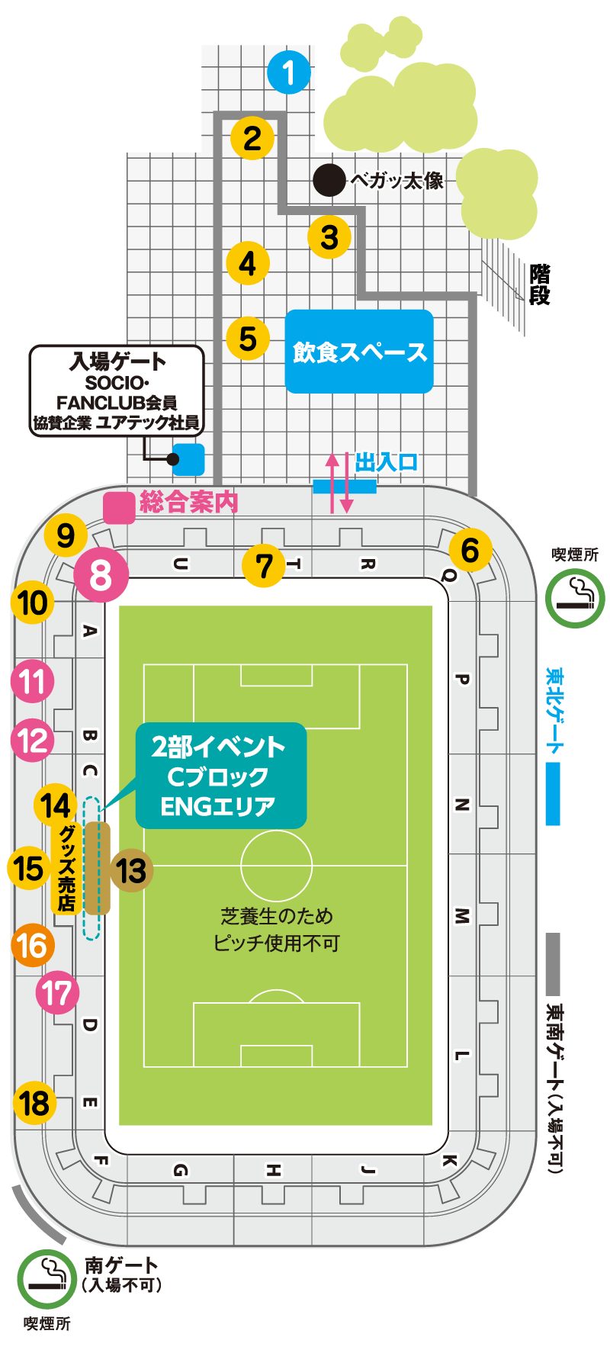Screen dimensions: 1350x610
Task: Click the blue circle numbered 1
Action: click(289, 72)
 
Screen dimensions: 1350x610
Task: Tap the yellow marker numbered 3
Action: click(329, 236)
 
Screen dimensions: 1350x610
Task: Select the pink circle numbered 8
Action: click(101, 575)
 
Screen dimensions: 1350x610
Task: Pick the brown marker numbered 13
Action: click(131, 870)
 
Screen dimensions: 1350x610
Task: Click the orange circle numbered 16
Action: click(33, 945)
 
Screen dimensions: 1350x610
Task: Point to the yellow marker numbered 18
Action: click(35, 1103)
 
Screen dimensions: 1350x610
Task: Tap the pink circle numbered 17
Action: click(58, 993)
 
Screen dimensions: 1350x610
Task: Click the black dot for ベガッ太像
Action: click(329, 180)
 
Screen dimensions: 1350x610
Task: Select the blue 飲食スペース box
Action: click(359, 352)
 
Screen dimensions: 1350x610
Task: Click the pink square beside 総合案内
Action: click(119, 508)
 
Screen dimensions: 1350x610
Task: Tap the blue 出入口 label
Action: click(387, 462)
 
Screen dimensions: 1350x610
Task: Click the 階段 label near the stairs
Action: click(540, 284)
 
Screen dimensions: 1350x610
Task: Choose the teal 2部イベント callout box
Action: click(221, 776)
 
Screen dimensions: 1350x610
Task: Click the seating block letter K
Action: click(449, 1160)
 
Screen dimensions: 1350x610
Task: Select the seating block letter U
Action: click(180, 564)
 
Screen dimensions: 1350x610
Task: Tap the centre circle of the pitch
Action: click(276, 866)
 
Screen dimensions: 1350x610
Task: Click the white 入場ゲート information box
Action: click(117, 391)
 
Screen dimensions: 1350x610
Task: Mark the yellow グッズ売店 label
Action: click(67, 868)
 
